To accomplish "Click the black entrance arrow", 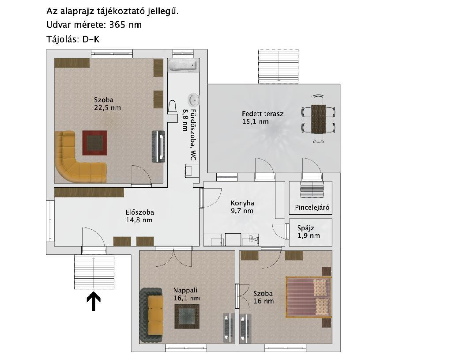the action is pyautogui.click(x=94, y=301).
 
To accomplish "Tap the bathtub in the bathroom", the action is pyautogui.click(x=183, y=65).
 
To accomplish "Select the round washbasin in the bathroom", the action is pyautogui.click(x=193, y=100).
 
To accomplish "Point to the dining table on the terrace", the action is pyautogui.click(x=319, y=119).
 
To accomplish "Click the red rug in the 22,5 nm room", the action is pyautogui.click(x=95, y=143).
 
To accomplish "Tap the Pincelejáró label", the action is pyautogui.click(x=312, y=208).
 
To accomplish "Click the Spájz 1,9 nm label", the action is pyautogui.click(x=309, y=231).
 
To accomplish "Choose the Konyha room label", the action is pyautogui.click(x=242, y=203).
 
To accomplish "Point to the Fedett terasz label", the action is pyautogui.click(x=263, y=114).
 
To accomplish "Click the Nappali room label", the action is pyautogui.click(x=185, y=290).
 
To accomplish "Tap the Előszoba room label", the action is pyautogui.click(x=140, y=212).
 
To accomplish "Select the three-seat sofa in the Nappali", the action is pyautogui.click(x=152, y=315).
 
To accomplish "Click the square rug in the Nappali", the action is pyautogui.click(x=187, y=316).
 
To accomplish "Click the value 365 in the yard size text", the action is pyautogui.click(x=117, y=25).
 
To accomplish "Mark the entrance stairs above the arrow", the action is pyautogui.click(x=94, y=272).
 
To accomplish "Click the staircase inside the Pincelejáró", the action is pyautogui.click(x=312, y=189).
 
